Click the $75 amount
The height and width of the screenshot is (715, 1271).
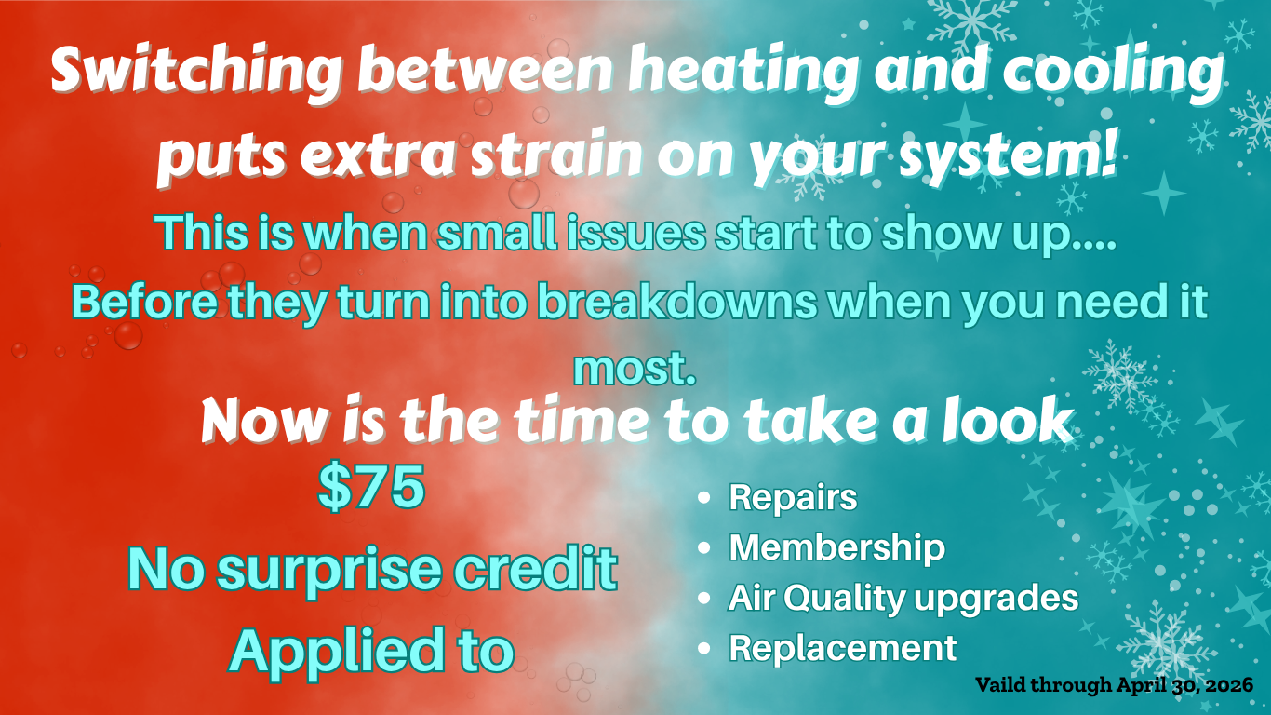tap(371, 486)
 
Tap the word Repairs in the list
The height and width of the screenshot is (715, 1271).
tap(793, 497)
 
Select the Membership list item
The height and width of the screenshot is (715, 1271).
tap(836, 547)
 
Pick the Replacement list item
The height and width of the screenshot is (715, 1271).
tap(843, 647)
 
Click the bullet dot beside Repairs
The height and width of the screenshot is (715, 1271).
tap(704, 498)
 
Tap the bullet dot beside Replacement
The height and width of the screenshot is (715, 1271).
tap(704, 649)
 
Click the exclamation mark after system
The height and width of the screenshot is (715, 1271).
tap(1106, 151)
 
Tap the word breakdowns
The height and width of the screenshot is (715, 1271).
tap(677, 302)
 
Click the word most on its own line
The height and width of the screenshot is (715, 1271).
tap(635, 369)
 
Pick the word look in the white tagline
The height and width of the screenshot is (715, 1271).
tap(1007, 420)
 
